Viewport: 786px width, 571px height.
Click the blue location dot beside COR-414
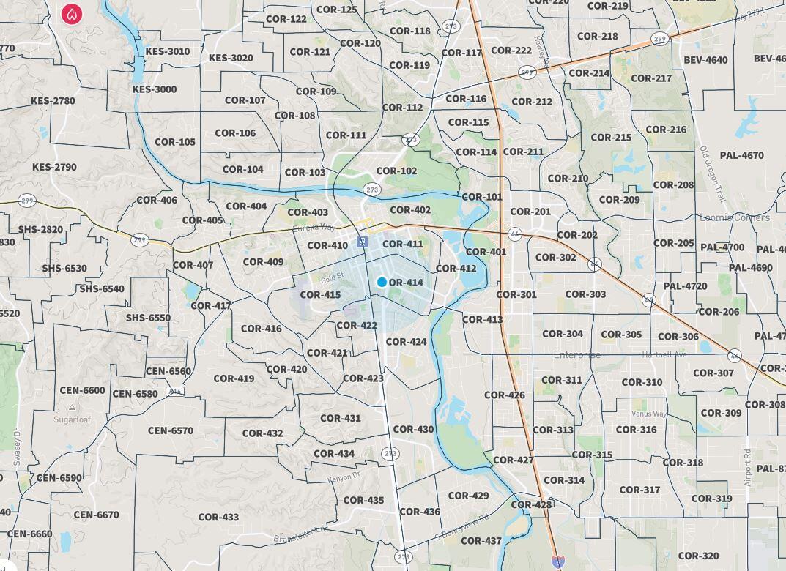[382, 282]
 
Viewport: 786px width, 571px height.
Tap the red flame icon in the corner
[72, 13]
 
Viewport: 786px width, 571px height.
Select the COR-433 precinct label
[218, 517]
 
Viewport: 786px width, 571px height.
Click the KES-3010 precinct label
[167, 51]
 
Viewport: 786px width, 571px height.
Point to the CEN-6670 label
[96, 515]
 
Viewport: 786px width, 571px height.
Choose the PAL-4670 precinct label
[741, 155]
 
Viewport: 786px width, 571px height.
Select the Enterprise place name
[576, 355]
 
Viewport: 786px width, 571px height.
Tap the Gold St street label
[332, 280]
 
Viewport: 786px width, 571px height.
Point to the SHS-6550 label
[148, 318]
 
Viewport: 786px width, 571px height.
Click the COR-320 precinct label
[698, 556]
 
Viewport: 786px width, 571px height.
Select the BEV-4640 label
[705, 60]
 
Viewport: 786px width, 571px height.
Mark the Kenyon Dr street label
[344, 476]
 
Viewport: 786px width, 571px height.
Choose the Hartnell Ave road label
[664, 354]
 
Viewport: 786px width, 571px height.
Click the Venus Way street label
[649, 414]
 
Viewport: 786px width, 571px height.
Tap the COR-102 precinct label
[396, 171]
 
